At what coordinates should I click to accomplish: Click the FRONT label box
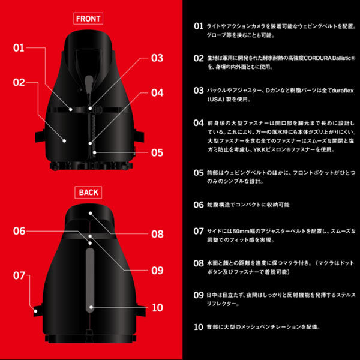88,18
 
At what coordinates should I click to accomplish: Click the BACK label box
88,193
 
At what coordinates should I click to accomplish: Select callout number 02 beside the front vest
19,82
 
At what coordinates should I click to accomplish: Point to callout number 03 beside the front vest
157,58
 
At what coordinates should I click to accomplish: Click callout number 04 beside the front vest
157,93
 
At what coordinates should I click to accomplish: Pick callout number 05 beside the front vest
157,152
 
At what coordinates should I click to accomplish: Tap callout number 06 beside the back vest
19,230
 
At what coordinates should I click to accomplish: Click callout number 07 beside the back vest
19,275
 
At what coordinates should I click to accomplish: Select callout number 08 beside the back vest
157,234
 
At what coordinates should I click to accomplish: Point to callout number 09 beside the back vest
157,271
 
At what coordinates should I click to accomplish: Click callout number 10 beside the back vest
157,307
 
